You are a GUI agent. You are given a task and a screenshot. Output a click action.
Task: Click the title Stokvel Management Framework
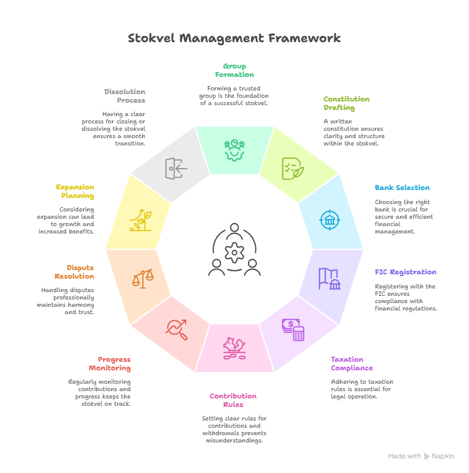(234, 38)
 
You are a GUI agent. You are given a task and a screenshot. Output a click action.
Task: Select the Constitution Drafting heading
(346, 103)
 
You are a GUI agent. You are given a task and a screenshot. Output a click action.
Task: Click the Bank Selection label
(402, 188)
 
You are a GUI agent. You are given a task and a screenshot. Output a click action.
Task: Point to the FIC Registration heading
(405, 272)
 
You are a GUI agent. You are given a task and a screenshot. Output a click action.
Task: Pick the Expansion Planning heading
(75, 191)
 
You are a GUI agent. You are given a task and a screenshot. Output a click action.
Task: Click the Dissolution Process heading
(125, 96)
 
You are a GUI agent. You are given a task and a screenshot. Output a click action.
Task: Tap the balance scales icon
(143, 279)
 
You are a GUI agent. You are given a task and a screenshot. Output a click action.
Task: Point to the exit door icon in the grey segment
(176, 168)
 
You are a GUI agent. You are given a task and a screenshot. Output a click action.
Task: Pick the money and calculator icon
(293, 329)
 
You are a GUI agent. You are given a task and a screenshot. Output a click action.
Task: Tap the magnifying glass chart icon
(176, 329)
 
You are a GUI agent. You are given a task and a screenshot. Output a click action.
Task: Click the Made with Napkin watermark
(421, 457)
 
